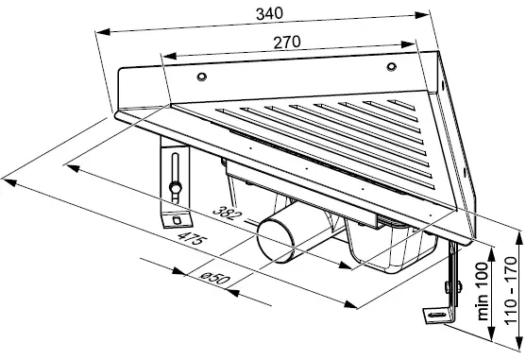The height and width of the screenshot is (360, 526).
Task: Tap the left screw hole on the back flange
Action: (199, 76)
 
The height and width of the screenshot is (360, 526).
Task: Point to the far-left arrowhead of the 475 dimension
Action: (8, 176)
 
